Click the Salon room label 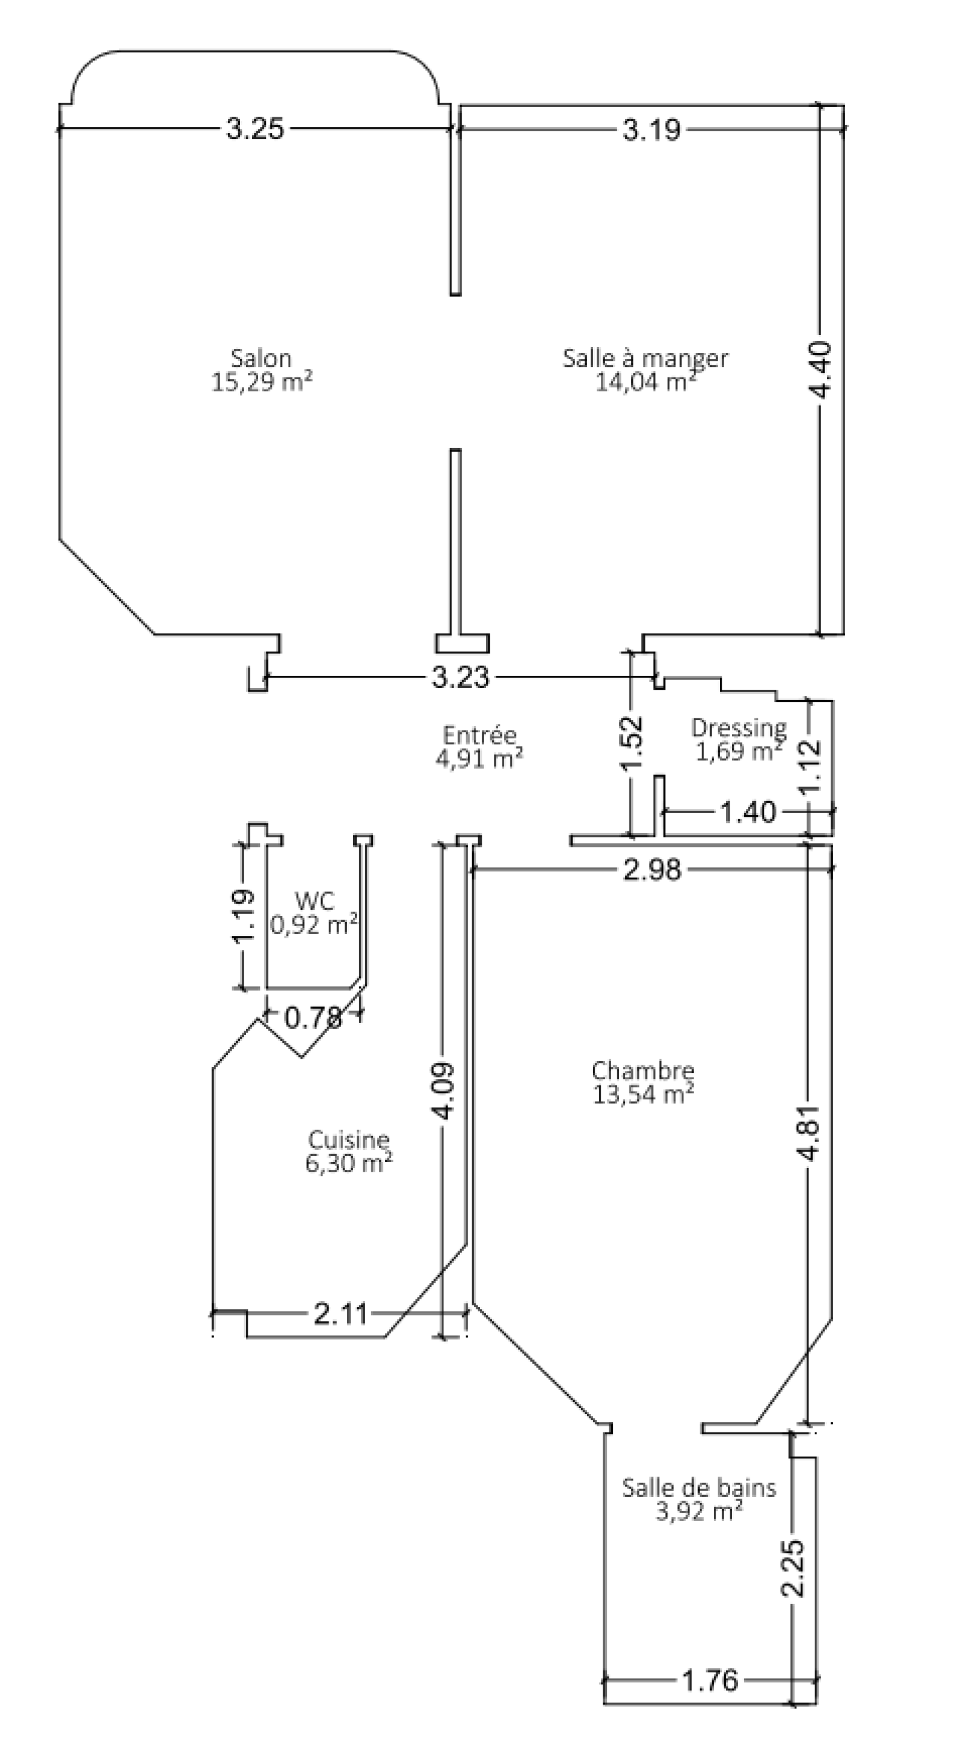point(261,358)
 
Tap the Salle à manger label point(645,359)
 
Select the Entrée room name point(479,735)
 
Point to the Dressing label point(739,729)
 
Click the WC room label point(314,901)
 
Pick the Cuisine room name point(349,1139)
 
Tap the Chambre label point(643,1071)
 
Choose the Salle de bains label point(699,1488)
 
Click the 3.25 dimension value point(255,128)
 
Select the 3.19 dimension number point(652,129)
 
